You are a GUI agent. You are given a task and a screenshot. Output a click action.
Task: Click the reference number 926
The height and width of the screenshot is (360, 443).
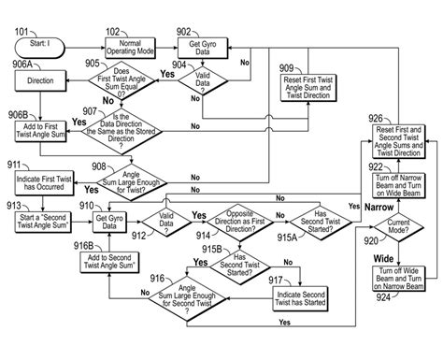click(x=374, y=119)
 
